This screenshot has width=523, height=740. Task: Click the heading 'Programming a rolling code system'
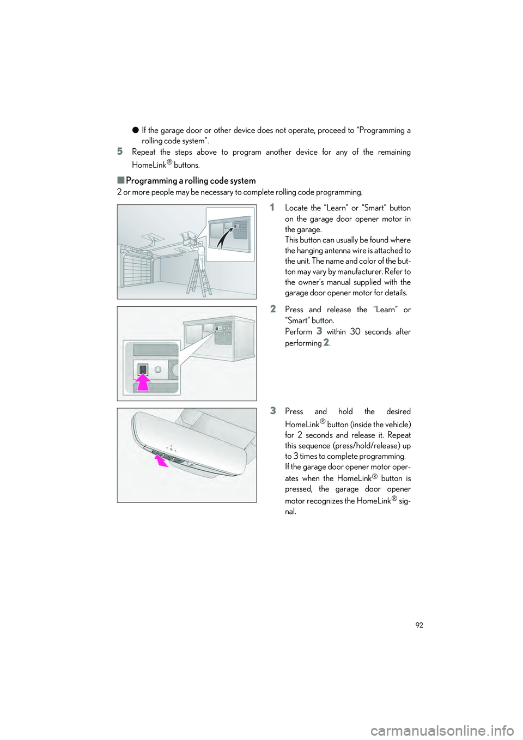pyautogui.click(x=190, y=180)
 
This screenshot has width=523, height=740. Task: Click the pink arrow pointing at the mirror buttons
pyautogui.click(x=161, y=462)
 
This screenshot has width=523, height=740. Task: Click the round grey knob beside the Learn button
pyautogui.click(x=158, y=369)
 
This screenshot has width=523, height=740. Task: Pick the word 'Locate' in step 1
pyautogui.click(x=296, y=208)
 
